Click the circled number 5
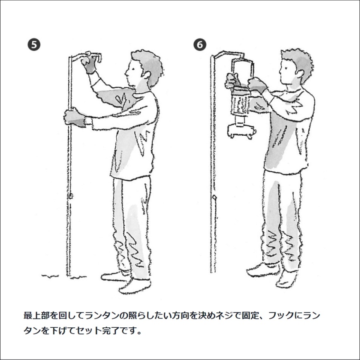point(34,45)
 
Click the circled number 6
point(200,45)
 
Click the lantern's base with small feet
point(242,131)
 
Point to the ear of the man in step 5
point(147,74)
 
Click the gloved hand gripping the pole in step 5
point(74,118)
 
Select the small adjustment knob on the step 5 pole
point(71,196)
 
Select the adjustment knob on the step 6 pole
point(214,197)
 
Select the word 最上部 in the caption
point(36,315)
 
